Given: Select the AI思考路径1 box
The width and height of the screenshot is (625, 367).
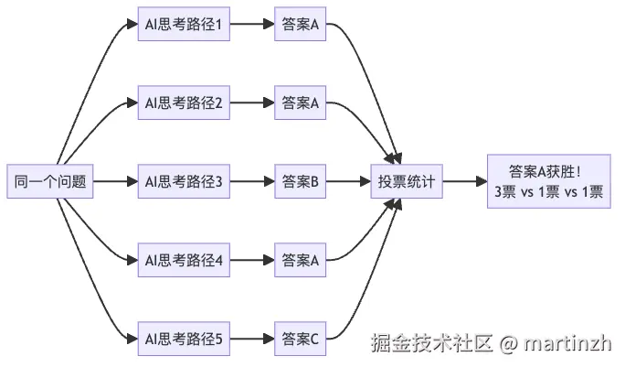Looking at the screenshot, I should pos(184,25).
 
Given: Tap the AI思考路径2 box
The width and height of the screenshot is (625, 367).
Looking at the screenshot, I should pos(184,103).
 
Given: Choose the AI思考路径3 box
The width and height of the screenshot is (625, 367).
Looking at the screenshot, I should pos(184,181).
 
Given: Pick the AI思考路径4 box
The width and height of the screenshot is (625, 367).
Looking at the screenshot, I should pos(184,260).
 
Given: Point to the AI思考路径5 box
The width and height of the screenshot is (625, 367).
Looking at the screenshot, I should pos(184,339).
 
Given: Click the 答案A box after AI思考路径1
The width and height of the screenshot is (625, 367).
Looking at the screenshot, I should pos(300,25).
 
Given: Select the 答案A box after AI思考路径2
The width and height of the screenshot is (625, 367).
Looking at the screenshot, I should pos(300,103).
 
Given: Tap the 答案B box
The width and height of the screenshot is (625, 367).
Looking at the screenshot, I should pos(300,181).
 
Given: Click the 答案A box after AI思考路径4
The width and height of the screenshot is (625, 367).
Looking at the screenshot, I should pos(300,260).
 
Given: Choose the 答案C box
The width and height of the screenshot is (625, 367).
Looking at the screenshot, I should pos(300,339).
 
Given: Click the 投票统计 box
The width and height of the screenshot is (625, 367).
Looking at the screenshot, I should pos(407,181).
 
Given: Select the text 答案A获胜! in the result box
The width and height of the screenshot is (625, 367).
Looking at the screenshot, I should pos(548,171).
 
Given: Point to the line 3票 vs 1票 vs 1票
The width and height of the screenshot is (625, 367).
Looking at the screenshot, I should pos(548,192).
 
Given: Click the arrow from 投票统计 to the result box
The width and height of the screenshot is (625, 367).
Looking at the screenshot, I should pos(464,181).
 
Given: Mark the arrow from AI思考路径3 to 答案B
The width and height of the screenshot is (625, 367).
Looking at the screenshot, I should pos(252,181).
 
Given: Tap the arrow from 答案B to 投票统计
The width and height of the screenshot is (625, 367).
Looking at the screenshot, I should pos(347,181).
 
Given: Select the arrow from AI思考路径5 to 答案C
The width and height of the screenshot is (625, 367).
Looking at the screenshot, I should pos(252,339).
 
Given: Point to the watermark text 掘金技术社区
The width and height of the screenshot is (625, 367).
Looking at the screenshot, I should pos(431,344).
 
